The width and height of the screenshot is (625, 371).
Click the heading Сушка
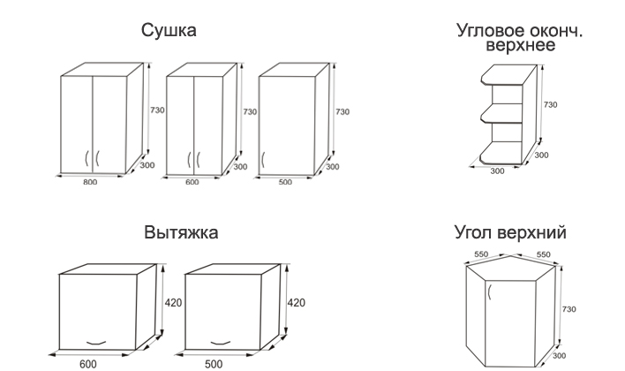(169, 31)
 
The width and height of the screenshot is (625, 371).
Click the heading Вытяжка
(181, 233)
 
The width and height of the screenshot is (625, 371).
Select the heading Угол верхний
(509, 233)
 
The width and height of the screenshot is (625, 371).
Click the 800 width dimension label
(90, 183)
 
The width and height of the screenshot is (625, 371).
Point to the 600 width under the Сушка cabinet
(192, 183)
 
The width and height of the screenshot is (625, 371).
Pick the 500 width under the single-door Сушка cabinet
(283, 183)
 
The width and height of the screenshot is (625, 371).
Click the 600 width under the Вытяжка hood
(87, 363)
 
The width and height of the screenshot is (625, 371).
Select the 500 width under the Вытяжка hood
(213, 363)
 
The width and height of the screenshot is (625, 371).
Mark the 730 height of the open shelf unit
(550, 105)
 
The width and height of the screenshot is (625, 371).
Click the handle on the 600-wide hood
(96, 343)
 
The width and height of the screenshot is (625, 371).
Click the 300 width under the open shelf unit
(497, 170)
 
